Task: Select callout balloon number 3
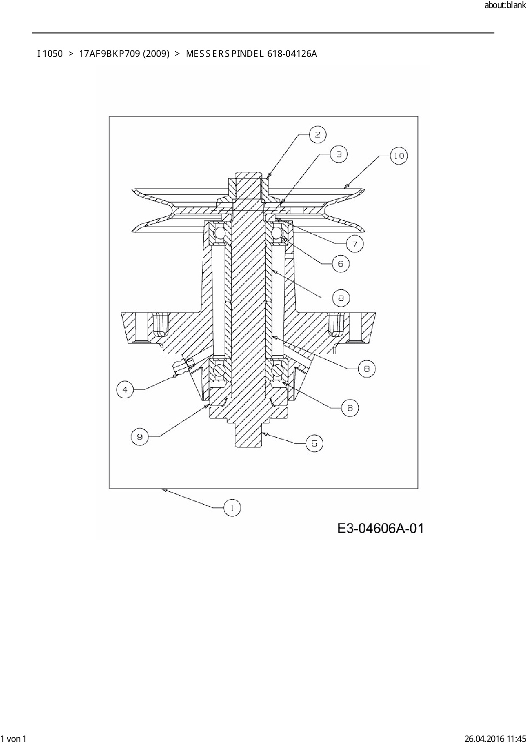point(339,154)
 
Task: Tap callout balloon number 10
point(399,156)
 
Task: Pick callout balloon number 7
point(355,244)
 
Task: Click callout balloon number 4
point(125,389)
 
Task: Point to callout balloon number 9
point(140,436)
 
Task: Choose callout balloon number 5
point(314,444)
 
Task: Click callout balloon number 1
point(232,508)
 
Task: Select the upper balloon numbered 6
point(340,264)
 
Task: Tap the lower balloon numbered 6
point(350,408)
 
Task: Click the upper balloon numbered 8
point(341,298)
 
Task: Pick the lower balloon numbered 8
point(367,369)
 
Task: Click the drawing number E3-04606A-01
point(381,529)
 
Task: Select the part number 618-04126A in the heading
point(292,54)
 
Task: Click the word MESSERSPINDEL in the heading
point(225,54)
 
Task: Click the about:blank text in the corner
point(505,6)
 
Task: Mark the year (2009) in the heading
point(156,54)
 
